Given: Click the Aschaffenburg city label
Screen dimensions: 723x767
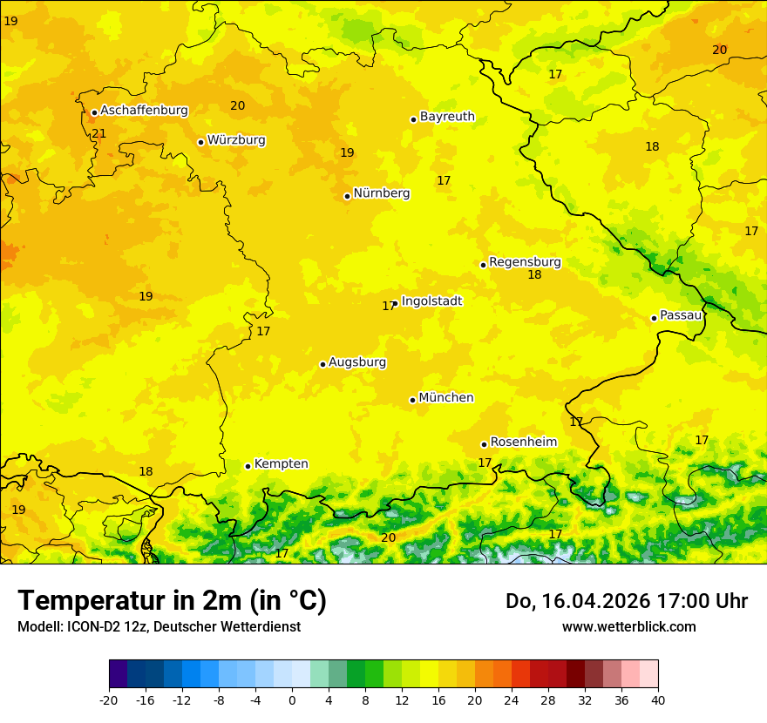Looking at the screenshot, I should point(144,111).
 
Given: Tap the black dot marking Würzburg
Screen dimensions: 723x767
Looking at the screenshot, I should point(200,142).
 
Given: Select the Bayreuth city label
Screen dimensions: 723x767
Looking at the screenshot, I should point(447,117).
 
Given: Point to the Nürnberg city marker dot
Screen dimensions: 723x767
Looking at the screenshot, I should point(347,196).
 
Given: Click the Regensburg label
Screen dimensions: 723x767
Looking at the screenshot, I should point(525,262).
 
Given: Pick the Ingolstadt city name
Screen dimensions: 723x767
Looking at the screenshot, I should point(431,301).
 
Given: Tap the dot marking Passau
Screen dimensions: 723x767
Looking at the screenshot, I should point(654,318).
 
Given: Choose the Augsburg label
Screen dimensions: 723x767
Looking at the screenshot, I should point(356,362).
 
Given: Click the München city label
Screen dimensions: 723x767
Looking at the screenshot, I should point(446,398).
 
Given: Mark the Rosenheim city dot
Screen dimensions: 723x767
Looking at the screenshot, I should point(484,444).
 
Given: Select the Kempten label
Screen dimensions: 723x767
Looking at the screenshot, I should point(281,464).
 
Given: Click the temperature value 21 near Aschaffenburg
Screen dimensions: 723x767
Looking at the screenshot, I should point(98,133).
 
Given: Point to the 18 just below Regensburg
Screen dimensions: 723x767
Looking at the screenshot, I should point(534,275).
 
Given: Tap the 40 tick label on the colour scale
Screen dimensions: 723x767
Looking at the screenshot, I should point(658,699).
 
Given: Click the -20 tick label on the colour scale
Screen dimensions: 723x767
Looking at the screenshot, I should point(108,699).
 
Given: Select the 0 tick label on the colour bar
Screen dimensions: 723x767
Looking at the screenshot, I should point(292,699).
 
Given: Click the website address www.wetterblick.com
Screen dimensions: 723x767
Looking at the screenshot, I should point(628,626).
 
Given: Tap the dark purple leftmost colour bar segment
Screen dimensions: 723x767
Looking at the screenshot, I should point(118,674).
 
